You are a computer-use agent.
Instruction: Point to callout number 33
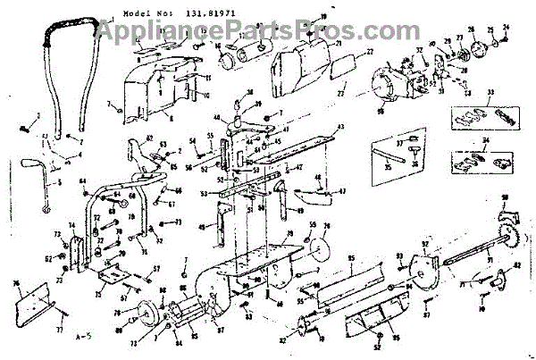(x=490, y=93)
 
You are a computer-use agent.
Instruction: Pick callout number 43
(x=338, y=129)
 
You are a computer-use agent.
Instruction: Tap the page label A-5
(x=85, y=338)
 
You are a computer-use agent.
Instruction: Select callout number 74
(x=71, y=226)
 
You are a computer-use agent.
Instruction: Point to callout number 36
(x=415, y=166)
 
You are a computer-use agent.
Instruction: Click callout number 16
(x=217, y=48)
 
